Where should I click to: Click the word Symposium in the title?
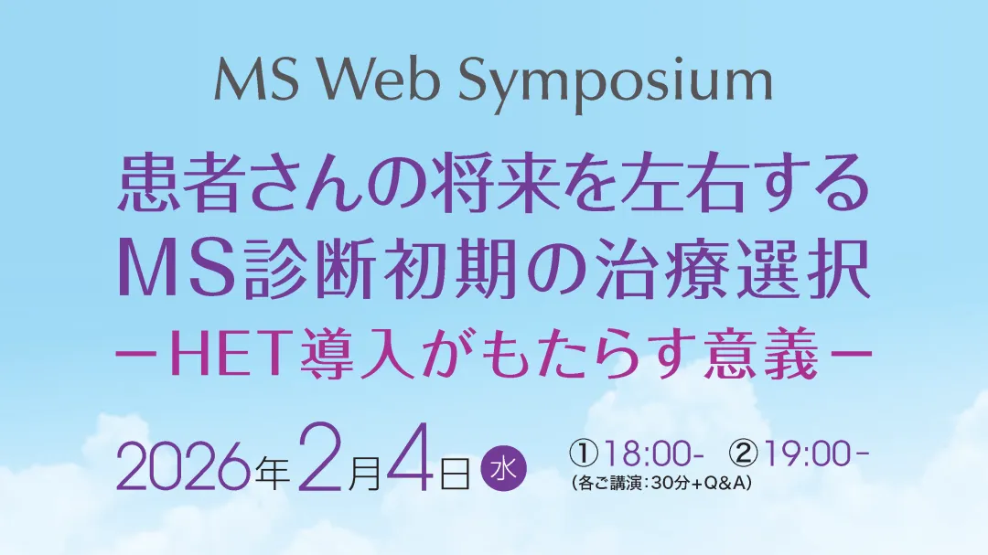click(x=615, y=84)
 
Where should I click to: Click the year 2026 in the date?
click(x=186, y=468)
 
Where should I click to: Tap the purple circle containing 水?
click(x=503, y=469)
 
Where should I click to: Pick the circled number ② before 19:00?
click(x=744, y=454)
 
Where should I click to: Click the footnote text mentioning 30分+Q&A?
click(x=661, y=483)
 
